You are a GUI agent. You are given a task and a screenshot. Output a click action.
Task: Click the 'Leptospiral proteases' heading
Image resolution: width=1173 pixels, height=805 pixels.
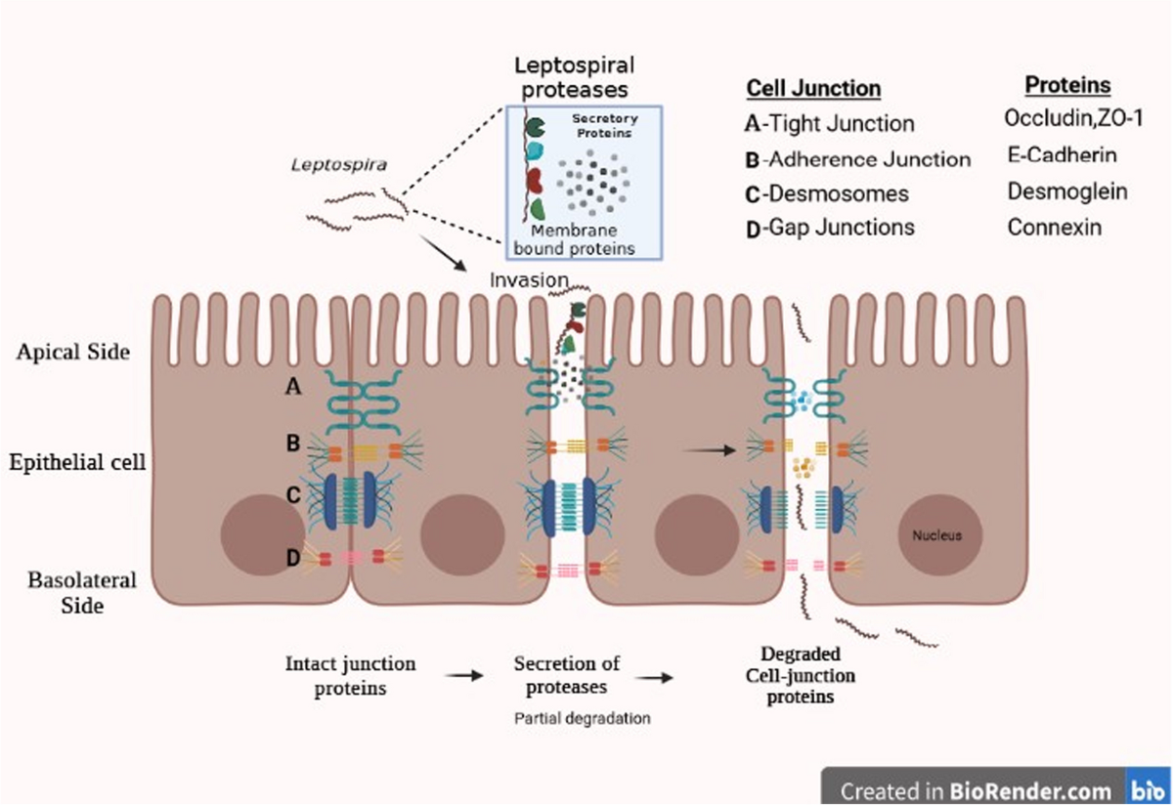click(574, 77)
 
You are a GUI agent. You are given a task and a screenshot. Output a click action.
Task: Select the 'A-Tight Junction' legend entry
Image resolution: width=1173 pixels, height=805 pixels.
click(829, 124)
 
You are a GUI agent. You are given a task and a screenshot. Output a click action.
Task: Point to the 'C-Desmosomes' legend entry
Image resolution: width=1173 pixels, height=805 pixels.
click(826, 193)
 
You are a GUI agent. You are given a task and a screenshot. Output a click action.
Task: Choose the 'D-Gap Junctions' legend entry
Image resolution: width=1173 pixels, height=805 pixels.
click(829, 228)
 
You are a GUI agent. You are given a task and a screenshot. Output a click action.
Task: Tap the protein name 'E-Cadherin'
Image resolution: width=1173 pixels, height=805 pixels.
click(1062, 154)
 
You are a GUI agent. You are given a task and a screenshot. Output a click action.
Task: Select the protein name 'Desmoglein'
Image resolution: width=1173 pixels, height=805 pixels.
click(1066, 191)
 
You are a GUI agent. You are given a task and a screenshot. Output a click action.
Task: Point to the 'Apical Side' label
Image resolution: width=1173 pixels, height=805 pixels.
click(72, 353)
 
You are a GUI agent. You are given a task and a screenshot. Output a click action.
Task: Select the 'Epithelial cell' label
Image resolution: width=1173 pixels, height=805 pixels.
click(79, 462)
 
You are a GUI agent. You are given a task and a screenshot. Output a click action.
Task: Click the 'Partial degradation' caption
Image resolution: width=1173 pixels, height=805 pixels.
click(582, 718)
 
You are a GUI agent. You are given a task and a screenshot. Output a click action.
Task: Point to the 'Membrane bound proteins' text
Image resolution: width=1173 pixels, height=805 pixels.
click(574, 239)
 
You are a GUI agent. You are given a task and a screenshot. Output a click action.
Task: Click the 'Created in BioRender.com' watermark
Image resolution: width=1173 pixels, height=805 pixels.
click(976, 789)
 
